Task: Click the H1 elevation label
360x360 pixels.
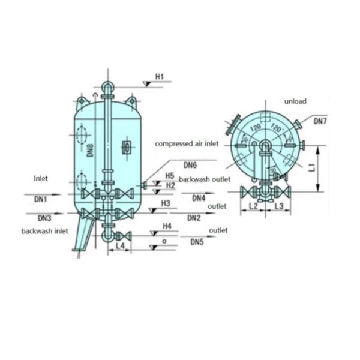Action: click(x=160, y=77)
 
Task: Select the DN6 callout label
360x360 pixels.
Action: click(x=190, y=165)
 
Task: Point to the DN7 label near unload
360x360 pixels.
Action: click(x=321, y=121)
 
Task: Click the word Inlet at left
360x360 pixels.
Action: click(x=41, y=178)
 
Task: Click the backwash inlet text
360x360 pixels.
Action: click(x=45, y=231)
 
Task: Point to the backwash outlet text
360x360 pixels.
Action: click(x=203, y=180)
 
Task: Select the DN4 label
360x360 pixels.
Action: click(x=199, y=198)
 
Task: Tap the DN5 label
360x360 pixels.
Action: click(x=197, y=242)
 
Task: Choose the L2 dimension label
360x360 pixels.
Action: click(x=253, y=206)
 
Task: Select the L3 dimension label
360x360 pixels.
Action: click(x=279, y=206)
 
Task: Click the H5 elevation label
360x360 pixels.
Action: click(x=170, y=176)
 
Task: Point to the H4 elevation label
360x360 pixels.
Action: click(x=167, y=226)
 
